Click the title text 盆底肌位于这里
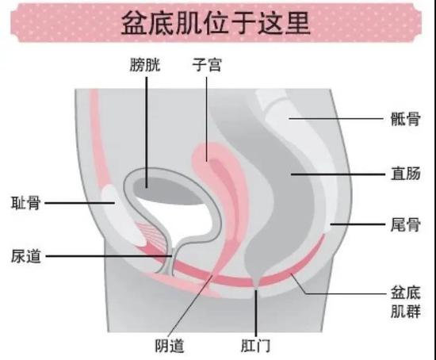point(216,23)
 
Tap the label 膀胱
point(145,65)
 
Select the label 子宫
point(207,65)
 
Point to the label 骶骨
point(405,119)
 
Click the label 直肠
point(405,174)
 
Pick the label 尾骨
point(405,224)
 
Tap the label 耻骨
point(26,203)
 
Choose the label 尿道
point(26,256)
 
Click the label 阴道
point(170,346)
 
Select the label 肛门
point(255,346)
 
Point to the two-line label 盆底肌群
point(405,302)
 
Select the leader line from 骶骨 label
point(336,118)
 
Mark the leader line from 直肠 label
point(338,174)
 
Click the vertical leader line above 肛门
point(256,313)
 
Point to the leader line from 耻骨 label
point(80,203)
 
